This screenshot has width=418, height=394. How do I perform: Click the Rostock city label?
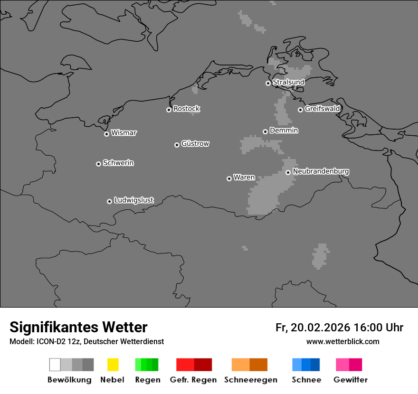(186, 109)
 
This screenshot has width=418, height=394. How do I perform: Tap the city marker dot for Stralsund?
(268, 83)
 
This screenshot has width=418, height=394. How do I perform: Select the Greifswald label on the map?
(322, 109)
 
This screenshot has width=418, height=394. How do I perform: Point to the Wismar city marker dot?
(106, 134)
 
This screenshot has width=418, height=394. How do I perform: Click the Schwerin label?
(118, 163)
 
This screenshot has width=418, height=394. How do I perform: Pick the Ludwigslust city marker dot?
(109, 201)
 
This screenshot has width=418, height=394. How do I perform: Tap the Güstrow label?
(195, 143)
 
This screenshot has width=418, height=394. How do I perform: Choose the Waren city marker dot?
(229, 178)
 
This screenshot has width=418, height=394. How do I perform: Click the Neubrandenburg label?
(321, 171)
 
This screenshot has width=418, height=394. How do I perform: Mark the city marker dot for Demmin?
(265, 131)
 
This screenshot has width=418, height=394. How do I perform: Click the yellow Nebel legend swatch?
(113, 365)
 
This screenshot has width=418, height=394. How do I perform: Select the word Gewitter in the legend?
(351, 380)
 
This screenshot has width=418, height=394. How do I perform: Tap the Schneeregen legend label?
(251, 380)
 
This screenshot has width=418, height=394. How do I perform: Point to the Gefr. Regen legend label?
(193, 380)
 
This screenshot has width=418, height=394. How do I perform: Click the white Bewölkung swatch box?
(55, 365)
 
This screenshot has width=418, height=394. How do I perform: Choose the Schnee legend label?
(306, 380)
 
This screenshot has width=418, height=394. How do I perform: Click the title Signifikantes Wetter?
(78, 327)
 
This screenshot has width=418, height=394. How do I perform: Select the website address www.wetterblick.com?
(342, 341)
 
